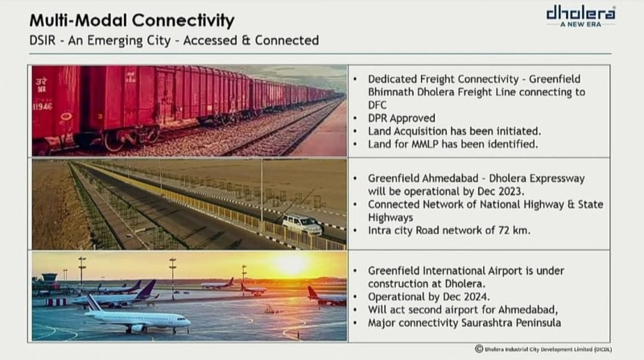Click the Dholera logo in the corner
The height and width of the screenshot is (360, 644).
click(580, 16)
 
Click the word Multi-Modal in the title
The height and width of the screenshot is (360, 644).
click(77, 20)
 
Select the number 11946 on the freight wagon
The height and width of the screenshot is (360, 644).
click(43, 107)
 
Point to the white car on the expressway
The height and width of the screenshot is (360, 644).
click(303, 225)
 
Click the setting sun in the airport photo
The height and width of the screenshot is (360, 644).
click(291, 265)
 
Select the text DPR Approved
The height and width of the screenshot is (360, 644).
click(401, 118)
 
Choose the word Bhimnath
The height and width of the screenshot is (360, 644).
click(390, 92)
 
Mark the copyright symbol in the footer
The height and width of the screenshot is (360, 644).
click(479, 349)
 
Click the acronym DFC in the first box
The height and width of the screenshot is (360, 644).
click(377, 106)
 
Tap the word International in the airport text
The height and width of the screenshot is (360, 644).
click(468, 271)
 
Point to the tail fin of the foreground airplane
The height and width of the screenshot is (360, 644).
click(93, 302)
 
